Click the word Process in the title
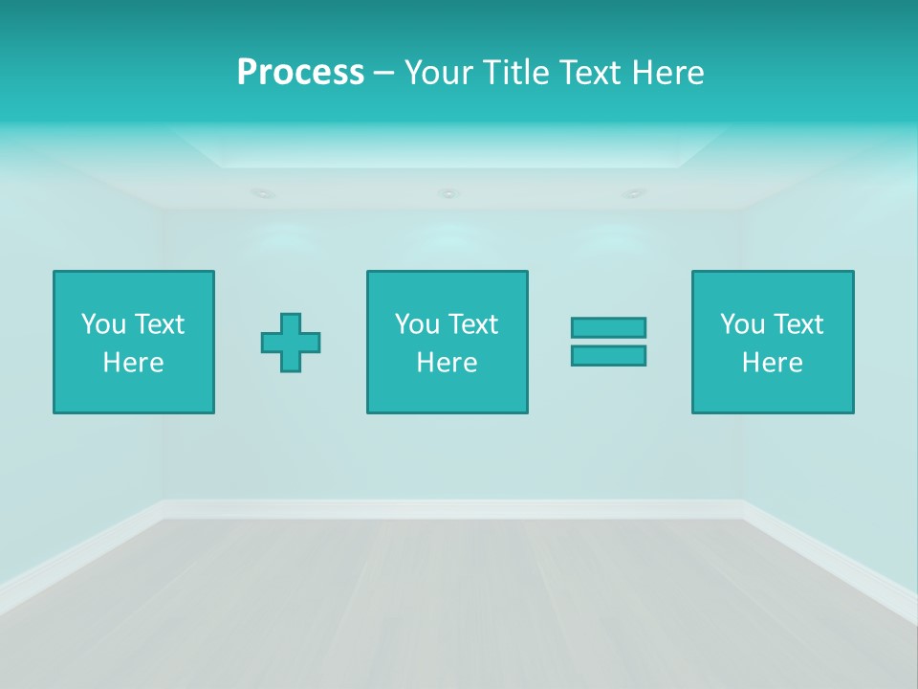pos(300,73)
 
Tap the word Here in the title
pos(667,73)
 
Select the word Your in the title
pos(441,73)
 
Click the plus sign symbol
pos(291,343)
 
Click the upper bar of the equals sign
pos(608,327)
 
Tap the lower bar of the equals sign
pos(608,356)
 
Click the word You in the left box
pos(103,324)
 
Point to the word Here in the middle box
pos(448,363)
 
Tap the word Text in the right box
pos(798,324)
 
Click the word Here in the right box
pos(773,363)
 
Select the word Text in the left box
pos(159,324)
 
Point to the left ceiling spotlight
pos(262,193)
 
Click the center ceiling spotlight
pos(448,193)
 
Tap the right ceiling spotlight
pos(633,193)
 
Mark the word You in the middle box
pos(417,324)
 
